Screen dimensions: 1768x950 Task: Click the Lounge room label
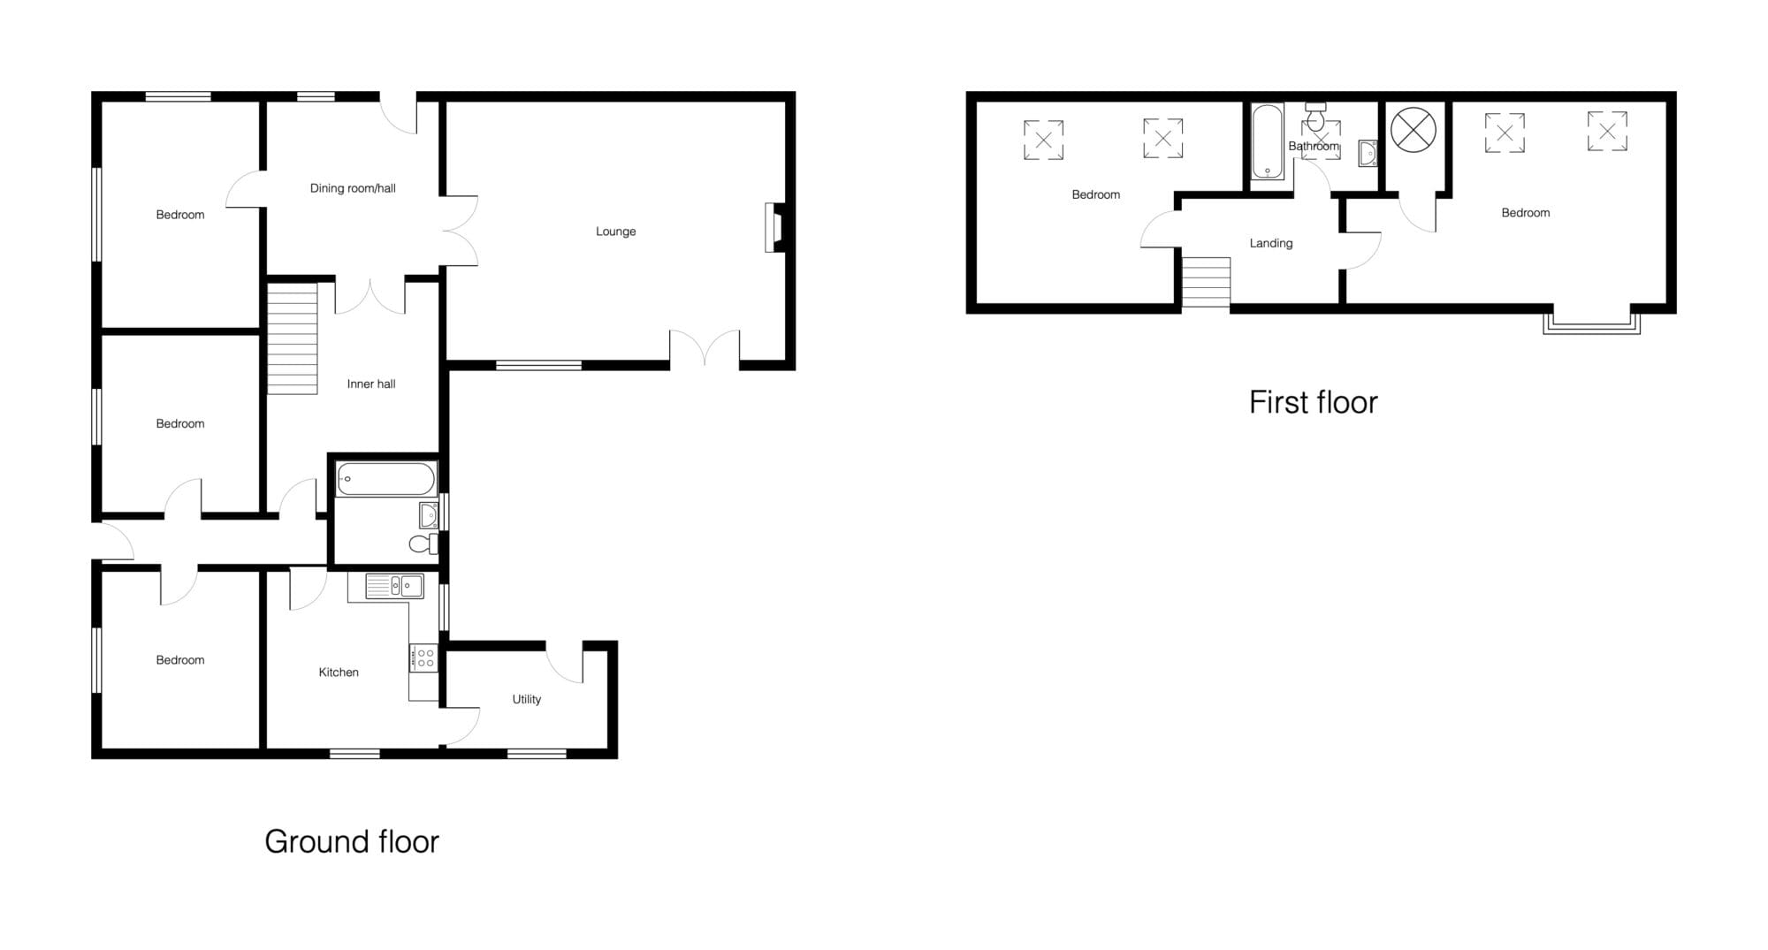[615, 232]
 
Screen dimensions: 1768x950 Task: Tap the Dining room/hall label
[353, 188]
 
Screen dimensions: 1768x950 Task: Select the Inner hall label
[371, 384]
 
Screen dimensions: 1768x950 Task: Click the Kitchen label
[339, 673]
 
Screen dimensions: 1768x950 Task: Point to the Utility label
[526, 699]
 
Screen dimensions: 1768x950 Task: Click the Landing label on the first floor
[1271, 243]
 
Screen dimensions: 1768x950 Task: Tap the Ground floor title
[352, 841]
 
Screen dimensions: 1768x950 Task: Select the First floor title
[1313, 402]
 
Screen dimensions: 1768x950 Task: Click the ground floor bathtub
[386, 479]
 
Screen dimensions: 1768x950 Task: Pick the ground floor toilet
[424, 543]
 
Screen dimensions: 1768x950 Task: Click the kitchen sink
[394, 586]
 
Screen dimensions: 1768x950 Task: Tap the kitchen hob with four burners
[423, 657]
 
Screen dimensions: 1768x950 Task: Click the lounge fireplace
[775, 228]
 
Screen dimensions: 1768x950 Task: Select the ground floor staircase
[293, 338]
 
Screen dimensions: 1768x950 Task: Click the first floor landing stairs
[1206, 283]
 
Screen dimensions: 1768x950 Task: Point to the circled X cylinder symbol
[1414, 130]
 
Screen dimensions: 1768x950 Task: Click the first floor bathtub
[1268, 141]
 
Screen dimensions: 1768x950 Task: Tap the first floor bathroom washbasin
[1368, 153]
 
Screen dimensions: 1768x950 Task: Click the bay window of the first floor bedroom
[1591, 323]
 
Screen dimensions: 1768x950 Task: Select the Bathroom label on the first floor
[1314, 146]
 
